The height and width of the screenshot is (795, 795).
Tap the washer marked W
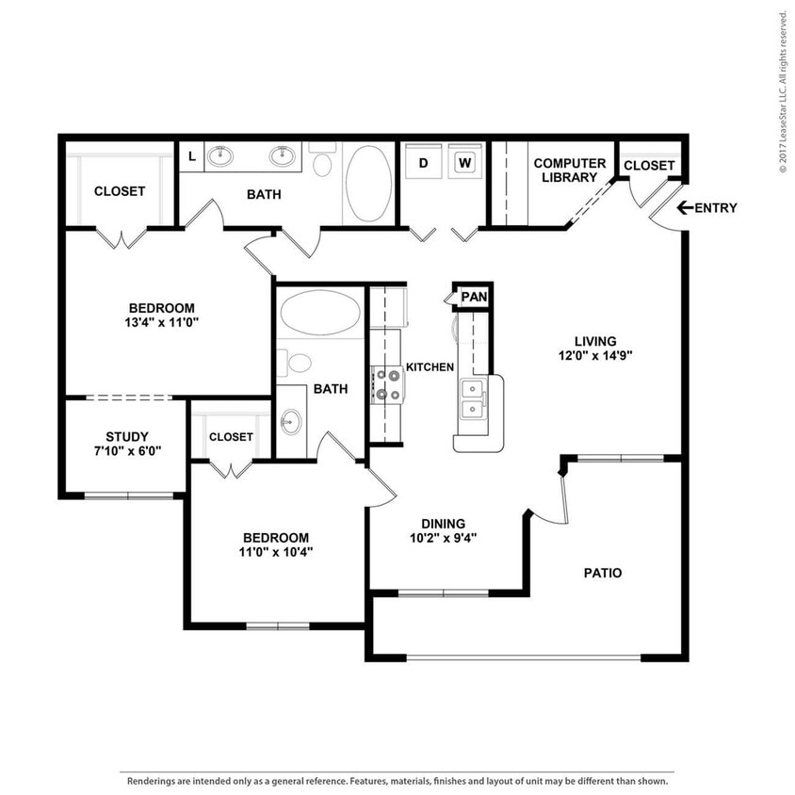(464, 163)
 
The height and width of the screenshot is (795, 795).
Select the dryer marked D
(424, 163)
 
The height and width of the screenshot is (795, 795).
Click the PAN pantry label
(474, 298)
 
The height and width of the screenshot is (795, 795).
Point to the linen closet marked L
(192, 156)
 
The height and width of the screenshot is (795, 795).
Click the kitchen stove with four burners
(387, 384)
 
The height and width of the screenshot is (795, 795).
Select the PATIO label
(603, 573)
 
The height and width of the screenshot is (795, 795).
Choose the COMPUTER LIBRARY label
(570, 170)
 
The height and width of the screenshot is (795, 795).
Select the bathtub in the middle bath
(320, 312)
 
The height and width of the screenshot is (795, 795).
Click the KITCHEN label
(430, 367)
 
